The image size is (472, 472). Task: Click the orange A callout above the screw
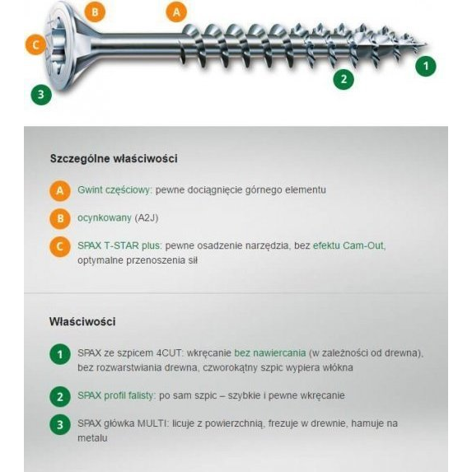(176, 12)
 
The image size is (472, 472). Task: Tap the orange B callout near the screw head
(96, 12)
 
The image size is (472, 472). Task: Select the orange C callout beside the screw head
(35, 44)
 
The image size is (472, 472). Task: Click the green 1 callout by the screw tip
(425, 65)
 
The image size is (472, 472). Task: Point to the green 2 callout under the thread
(343, 79)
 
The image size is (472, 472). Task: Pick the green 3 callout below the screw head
(41, 94)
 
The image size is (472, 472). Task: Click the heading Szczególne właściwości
(114, 158)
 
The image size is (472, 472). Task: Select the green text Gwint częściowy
(114, 189)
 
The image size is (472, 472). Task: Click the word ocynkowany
(104, 218)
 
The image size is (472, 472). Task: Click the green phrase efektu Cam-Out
(348, 245)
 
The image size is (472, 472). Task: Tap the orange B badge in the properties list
(59, 219)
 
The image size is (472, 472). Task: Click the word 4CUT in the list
(161, 353)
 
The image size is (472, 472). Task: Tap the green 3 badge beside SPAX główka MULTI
(59, 425)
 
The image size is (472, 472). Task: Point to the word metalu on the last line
(92, 438)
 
